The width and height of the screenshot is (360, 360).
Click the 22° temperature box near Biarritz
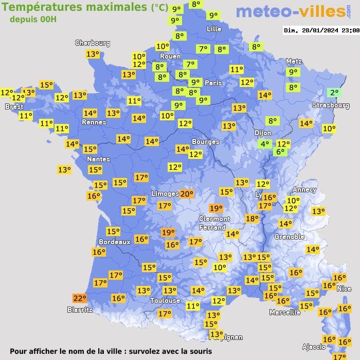[x=79, y=298]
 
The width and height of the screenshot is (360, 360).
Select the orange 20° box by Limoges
[x=186, y=194]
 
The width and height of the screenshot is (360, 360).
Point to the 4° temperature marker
[x=265, y=144]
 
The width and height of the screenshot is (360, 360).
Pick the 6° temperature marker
[x=280, y=152]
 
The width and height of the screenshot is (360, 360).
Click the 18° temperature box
[x=252, y=219]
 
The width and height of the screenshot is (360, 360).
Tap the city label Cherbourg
[x=93, y=43]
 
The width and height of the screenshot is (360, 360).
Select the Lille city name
[x=214, y=29]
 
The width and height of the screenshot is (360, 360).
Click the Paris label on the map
[x=213, y=83]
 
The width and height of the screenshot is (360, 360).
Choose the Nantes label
[x=98, y=159]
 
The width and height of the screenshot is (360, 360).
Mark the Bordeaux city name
[x=114, y=241]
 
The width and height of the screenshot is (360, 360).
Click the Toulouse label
[x=165, y=300]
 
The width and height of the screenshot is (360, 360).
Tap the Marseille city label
[x=285, y=312]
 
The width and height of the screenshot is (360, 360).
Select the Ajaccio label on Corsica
[x=315, y=346]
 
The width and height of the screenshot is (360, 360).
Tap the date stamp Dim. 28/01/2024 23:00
[x=321, y=30]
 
